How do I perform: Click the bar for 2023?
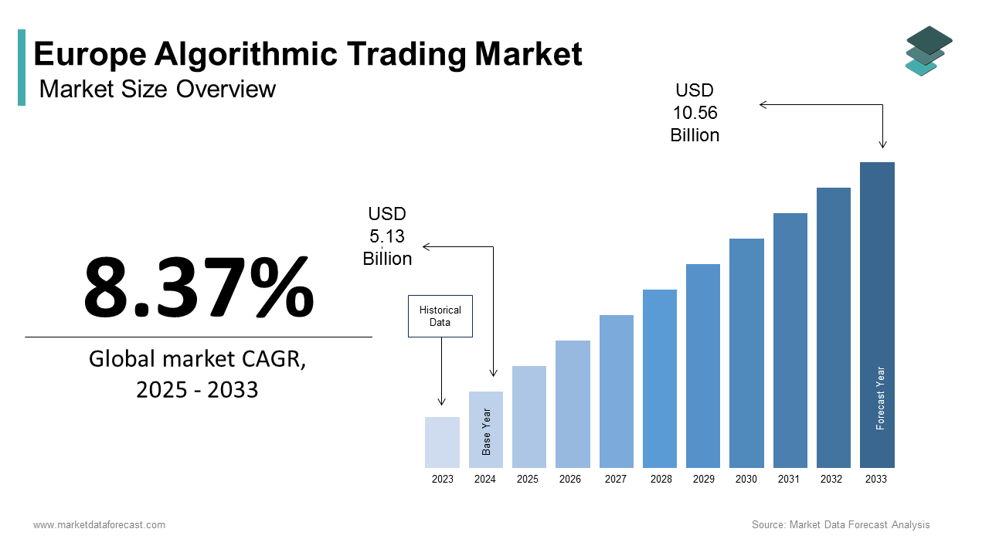442,442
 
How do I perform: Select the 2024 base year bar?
485,429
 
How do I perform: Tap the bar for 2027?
616,392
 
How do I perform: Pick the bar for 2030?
746,353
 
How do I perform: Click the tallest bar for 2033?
877,314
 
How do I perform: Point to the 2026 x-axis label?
570,479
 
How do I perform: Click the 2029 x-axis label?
704,479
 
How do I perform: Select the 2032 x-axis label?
831,479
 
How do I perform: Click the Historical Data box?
440,316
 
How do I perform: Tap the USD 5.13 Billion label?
387,236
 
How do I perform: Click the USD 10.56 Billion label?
695,113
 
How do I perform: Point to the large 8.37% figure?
199,287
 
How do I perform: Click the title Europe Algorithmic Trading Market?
308,54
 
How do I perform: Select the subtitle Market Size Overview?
157,89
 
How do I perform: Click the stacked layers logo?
929,51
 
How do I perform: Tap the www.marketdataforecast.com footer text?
99,525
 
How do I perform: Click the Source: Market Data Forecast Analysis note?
841,525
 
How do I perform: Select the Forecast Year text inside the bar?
880,398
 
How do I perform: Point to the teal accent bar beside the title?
22,67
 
